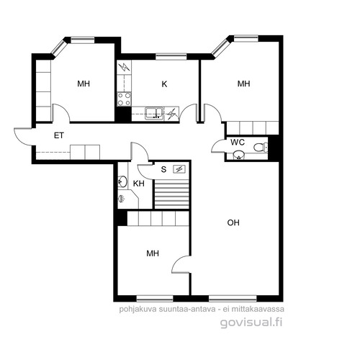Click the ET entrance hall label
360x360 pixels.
(x=59, y=135)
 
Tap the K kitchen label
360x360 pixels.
(x=164, y=84)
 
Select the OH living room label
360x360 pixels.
(x=233, y=222)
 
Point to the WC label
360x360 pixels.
(x=238, y=143)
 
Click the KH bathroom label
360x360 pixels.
(x=139, y=184)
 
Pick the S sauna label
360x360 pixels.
(x=163, y=169)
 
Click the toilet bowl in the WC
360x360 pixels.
(x=261, y=147)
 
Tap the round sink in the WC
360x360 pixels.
(x=239, y=156)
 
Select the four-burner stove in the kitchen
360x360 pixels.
(x=124, y=99)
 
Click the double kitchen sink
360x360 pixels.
(x=154, y=113)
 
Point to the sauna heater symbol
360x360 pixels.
(x=179, y=169)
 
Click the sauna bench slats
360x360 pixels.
(x=171, y=194)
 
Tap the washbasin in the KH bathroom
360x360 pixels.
(x=122, y=181)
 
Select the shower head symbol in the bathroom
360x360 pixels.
(x=122, y=199)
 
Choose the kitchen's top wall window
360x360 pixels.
(x=171, y=57)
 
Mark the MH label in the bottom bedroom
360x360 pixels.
(x=153, y=253)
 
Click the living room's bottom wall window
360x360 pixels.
(x=233, y=298)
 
